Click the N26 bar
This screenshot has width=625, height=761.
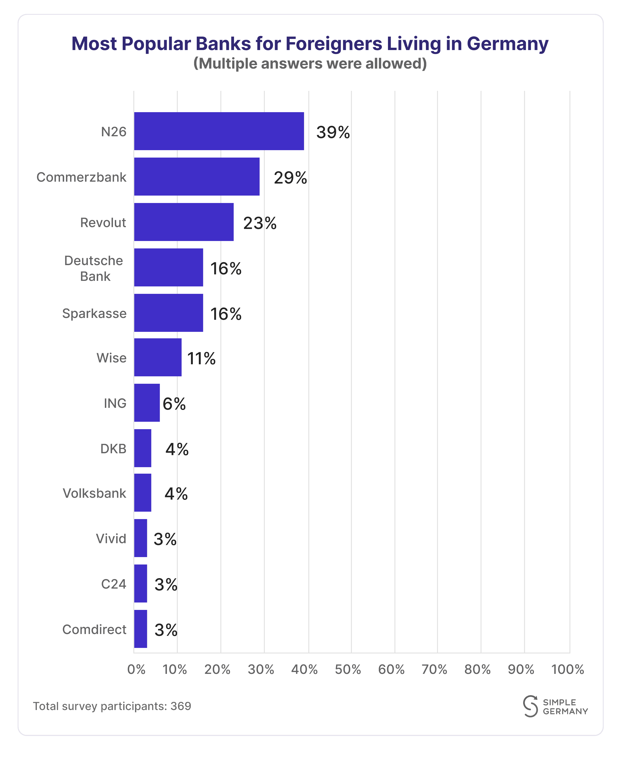coord(219,131)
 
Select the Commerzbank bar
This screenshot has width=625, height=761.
coord(197,177)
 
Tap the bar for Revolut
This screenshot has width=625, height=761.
coord(184,222)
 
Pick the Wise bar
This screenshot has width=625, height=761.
coord(158,357)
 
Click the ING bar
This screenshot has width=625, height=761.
coord(147,403)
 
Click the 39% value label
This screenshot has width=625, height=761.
coord(333,132)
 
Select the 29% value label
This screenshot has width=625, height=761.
coord(290,178)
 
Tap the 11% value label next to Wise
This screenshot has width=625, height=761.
coord(201,358)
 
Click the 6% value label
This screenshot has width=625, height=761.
coord(174,404)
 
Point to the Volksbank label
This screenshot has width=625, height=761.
coord(94,493)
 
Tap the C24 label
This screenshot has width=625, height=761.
coord(113,584)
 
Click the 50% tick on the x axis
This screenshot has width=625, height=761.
coord(348,669)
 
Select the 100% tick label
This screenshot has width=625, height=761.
coord(567,669)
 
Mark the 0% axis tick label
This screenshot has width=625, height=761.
coord(136,669)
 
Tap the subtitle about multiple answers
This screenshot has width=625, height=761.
coord(310,63)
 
